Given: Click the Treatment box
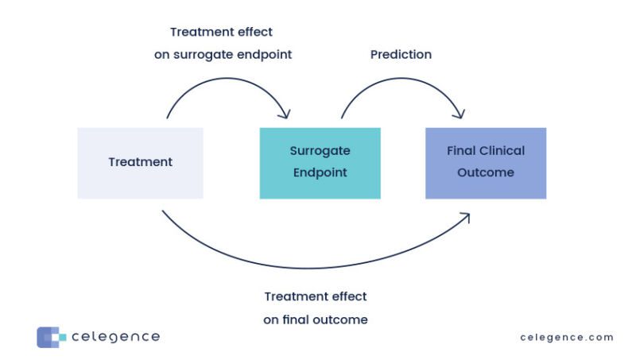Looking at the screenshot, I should tap(140, 162).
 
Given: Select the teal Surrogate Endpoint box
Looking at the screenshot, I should tap(320, 162).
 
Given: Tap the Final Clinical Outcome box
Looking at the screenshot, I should tap(486, 162).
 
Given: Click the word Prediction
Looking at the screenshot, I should tap(401, 55).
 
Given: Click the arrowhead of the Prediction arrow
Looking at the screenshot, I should tap(460, 114).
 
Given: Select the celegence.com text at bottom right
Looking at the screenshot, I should tap(567, 337).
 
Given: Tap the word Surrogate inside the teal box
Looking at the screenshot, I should tap(320, 151).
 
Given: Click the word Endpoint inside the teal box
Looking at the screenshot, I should tap(320, 172).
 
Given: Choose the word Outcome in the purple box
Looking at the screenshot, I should tap(486, 172).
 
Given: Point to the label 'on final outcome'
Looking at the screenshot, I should tap(316, 319).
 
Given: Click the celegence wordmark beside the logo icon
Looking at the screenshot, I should tap(115, 337).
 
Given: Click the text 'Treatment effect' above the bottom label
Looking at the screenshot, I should tap(316, 296).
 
